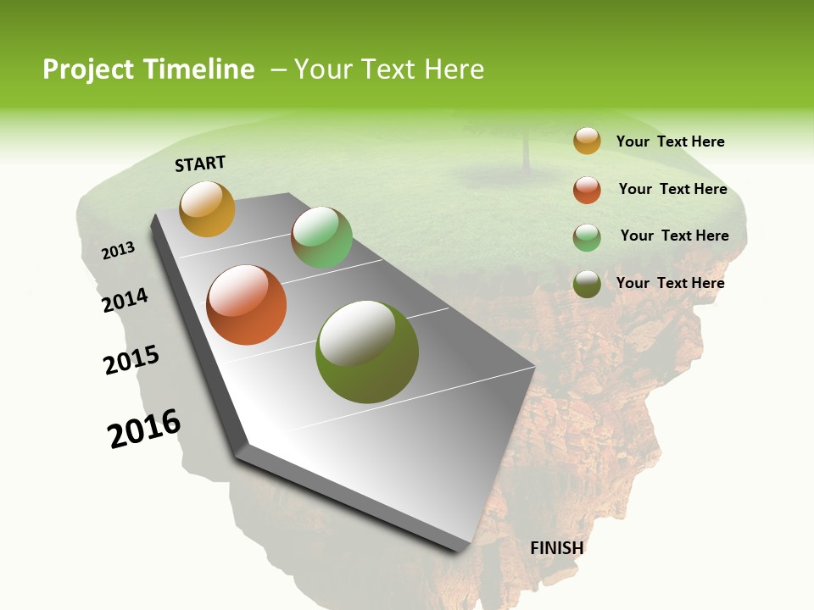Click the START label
pyautogui.click(x=200, y=164)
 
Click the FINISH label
pyautogui.click(x=556, y=548)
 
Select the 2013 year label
pyautogui.click(x=119, y=250)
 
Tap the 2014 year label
pyautogui.click(x=125, y=300)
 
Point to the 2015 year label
pyautogui.click(x=131, y=360)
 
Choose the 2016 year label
pyautogui.click(x=144, y=429)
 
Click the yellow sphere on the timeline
pyautogui.click(x=207, y=208)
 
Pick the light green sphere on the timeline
pyautogui.click(x=321, y=237)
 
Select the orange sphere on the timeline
pyautogui.click(x=247, y=305)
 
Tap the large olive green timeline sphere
pyautogui.click(x=366, y=351)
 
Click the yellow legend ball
pyautogui.click(x=587, y=141)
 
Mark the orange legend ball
pyautogui.click(x=587, y=190)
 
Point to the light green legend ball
pyautogui.click(x=587, y=237)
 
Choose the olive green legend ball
pyautogui.click(x=587, y=284)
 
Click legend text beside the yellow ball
pyautogui.click(x=670, y=141)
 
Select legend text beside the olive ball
pyautogui.click(x=670, y=283)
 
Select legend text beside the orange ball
pyautogui.click(x=672, y=189)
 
